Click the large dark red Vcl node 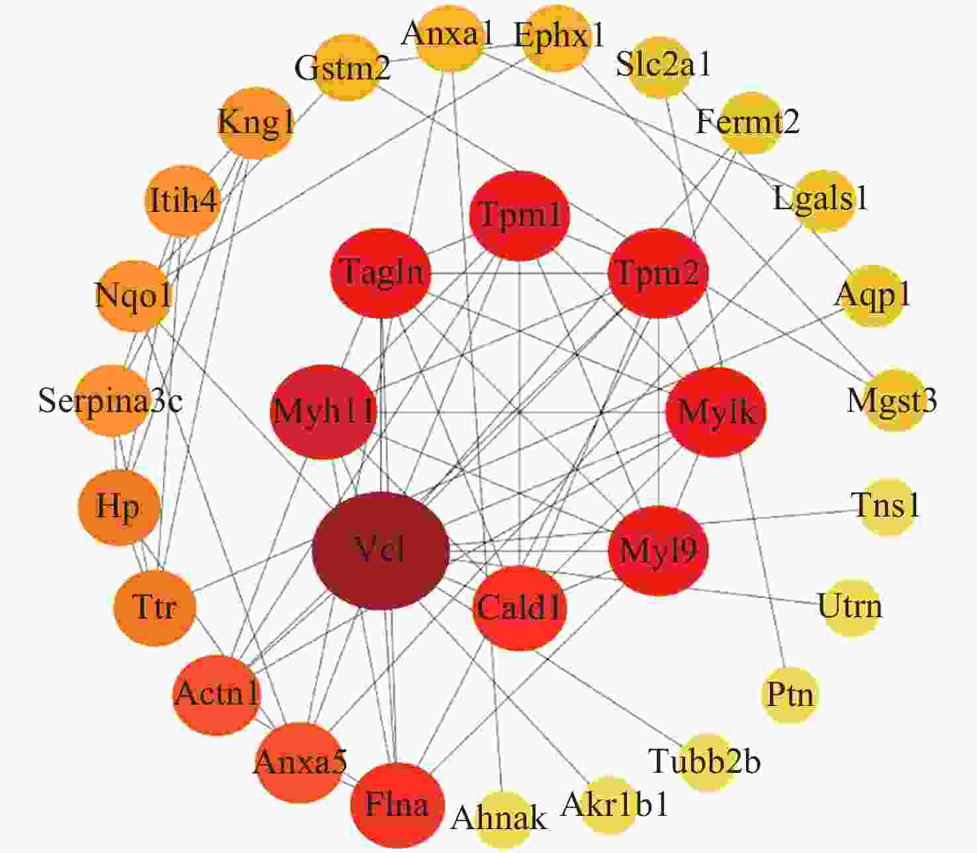click(381, 551)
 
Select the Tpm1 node click(520, 216)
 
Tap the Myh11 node click(323, 412)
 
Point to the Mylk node click(716, 412)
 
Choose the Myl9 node click(659, 551)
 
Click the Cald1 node click(520, 608)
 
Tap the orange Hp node click(118, 508)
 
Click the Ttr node click(155, 608)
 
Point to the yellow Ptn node click(790, 695)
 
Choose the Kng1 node click(256, 123)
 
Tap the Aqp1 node click(873, 296)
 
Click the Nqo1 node click(133, 296)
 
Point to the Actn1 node click(217, 695)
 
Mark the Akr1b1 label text click(615, 805)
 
